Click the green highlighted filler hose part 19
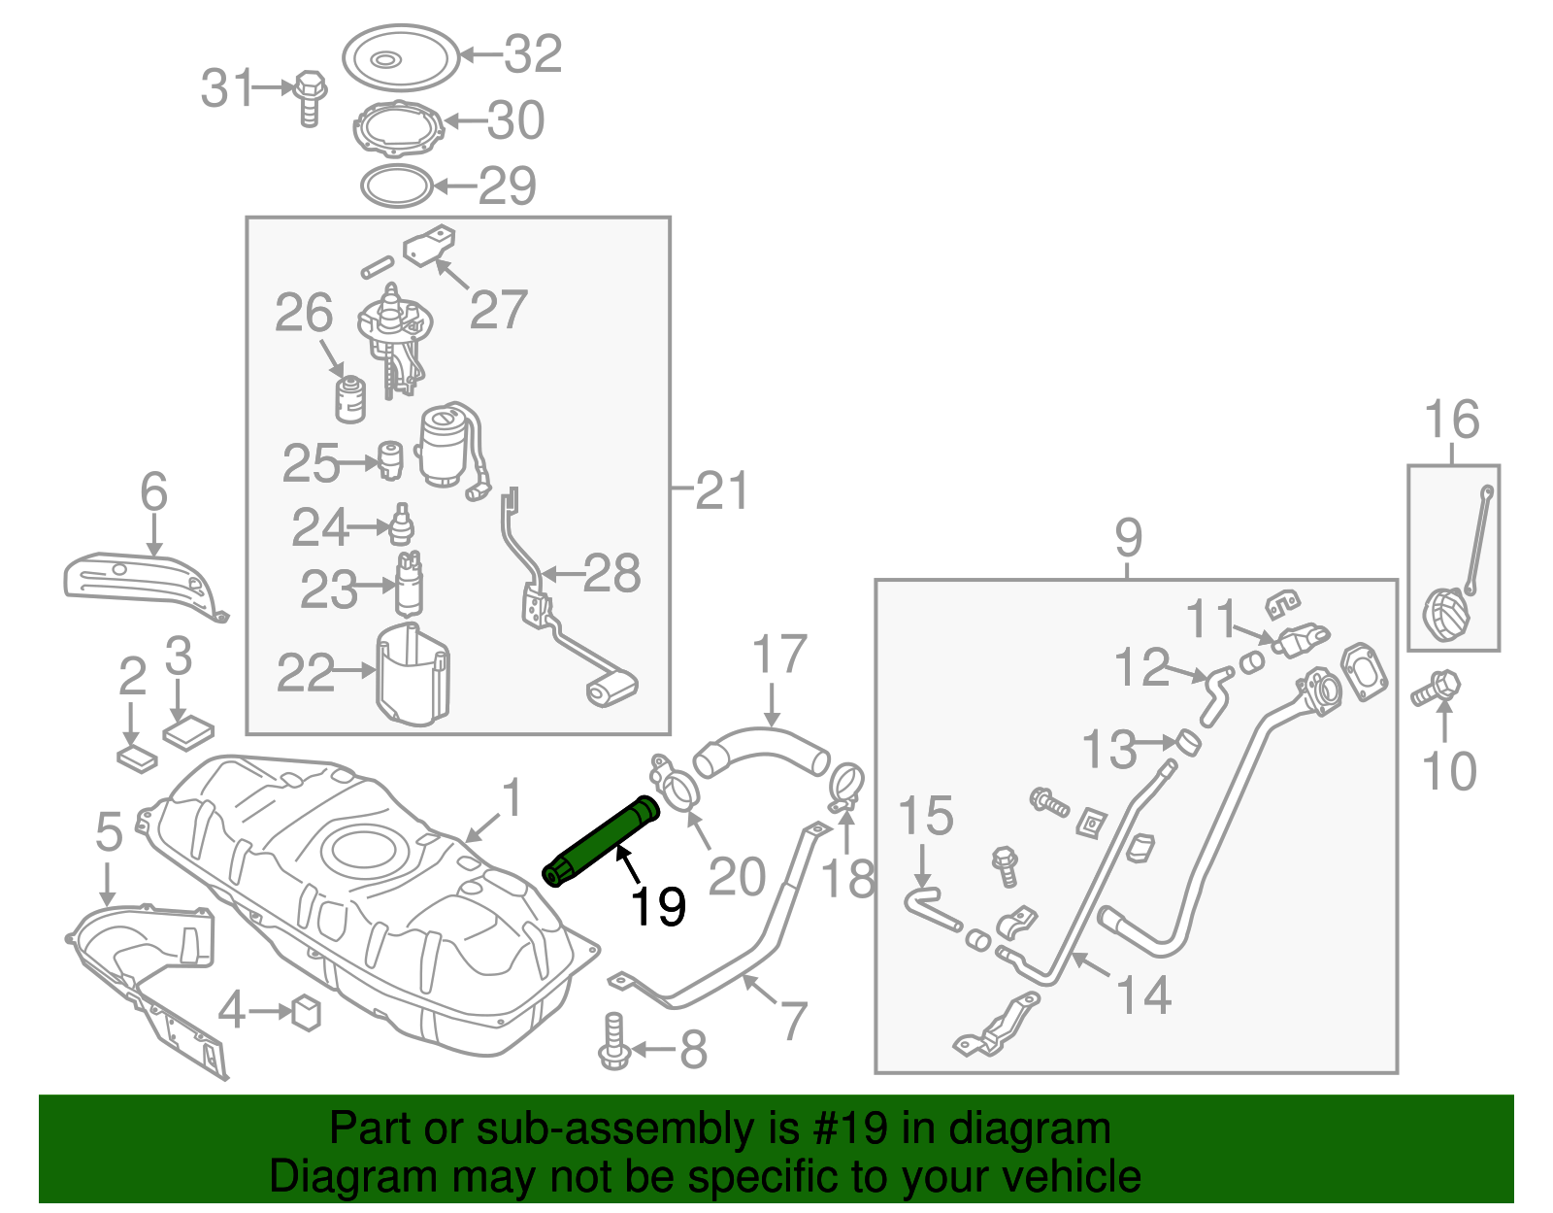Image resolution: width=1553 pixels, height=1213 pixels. click(602, 840)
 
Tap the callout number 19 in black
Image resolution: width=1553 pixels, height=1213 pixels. click(658, 907)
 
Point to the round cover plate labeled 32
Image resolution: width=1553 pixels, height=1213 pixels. click(400, 56)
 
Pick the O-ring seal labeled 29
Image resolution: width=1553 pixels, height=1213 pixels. click(396, 185)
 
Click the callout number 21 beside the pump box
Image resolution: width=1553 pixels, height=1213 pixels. click(722, 490)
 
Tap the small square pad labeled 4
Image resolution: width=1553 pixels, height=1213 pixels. click(307, 1012)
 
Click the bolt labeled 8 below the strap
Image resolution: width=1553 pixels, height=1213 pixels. click(614, 1043)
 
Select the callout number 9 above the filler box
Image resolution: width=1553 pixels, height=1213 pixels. click(1128, 537)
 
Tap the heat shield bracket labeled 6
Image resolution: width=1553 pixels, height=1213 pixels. click(146, 583)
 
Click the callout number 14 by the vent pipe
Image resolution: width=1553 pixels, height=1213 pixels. click(1143, 995)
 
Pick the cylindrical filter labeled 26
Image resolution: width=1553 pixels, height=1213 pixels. click(350, 399)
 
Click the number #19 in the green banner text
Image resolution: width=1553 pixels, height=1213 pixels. click(845, 1129)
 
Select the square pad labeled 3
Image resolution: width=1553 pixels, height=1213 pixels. click(189, 731)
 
